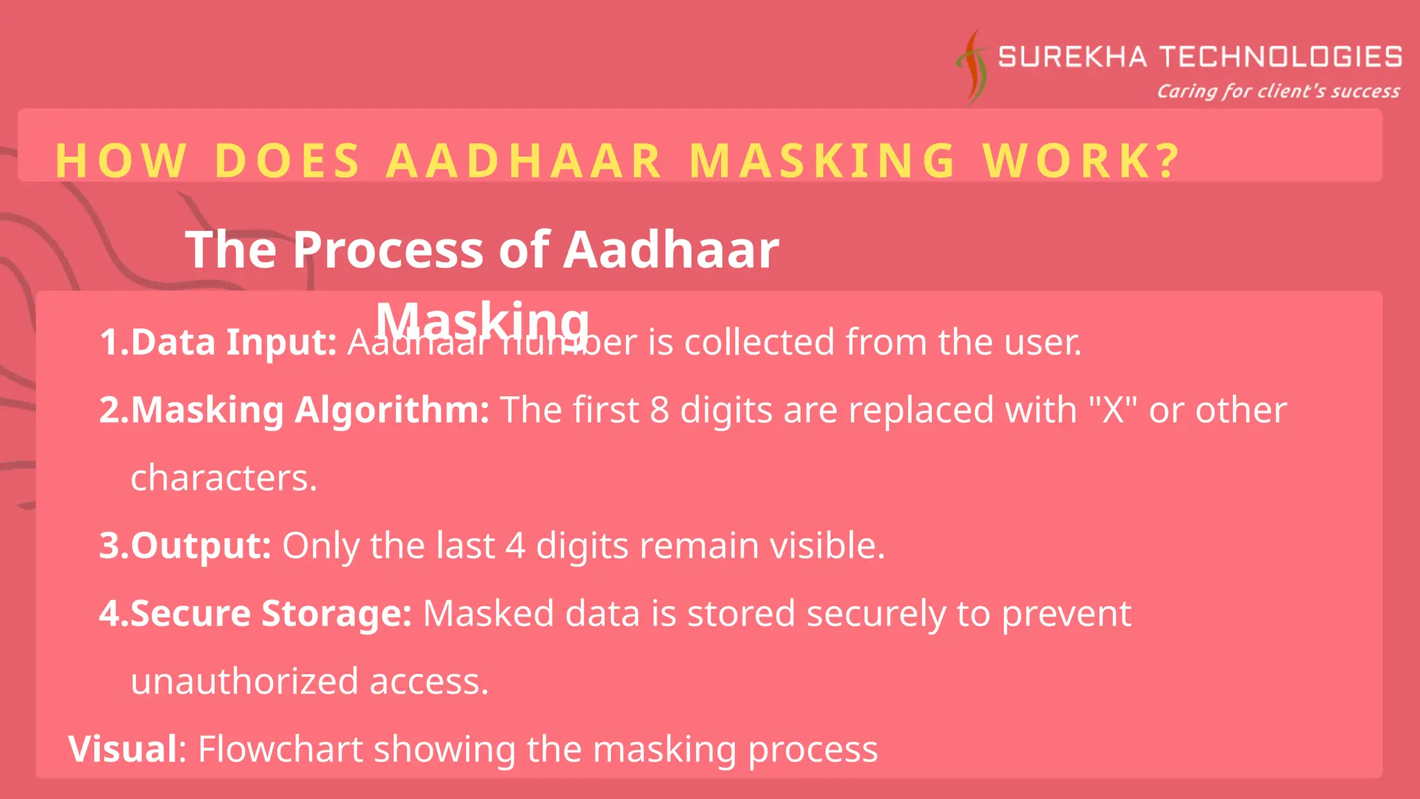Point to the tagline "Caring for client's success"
pyautogui.click(x=1278, y=92)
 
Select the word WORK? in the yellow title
pyautogui.click(x=1082, y=161)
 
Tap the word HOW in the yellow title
pyautogui.click(x=121, y=161)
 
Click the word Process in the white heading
pyautogui.click(x=387, y=250)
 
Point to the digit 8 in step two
pyautogui.click(x=659, y=410)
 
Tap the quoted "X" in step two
pyautogui.click(x=1113, y=410)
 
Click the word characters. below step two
pyautogui.click(x=224, y=478)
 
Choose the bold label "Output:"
pyautogui.click(x=200, y=546)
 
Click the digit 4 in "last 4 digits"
pyautogui.click(x=515, y=546)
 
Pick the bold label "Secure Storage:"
pyautogui.click(x=271, y=614)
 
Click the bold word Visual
pyautogui.click(x=123, y=749)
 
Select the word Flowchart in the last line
pyautogui.click(x=280, y=749)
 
